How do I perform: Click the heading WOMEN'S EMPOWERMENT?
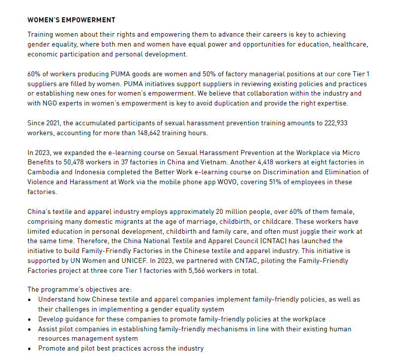tap(71, 20)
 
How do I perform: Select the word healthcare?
tap(351, 45)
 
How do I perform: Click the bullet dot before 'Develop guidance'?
tap(31, 319)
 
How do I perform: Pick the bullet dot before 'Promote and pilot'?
tap(31, 349)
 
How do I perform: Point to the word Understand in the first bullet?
tap(57, 300)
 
